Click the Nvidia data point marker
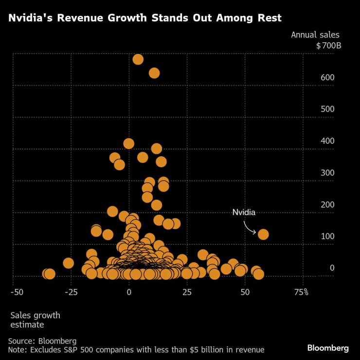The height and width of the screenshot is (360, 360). (263, 234)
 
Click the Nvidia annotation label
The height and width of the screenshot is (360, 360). (244, 212)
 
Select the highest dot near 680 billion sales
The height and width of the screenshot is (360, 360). (138, 59)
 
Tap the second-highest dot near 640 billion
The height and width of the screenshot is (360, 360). (154, 73)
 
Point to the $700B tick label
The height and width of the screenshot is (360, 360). (328, 46)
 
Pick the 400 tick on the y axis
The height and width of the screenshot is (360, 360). (327, 141)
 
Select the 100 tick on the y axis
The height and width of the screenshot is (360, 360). (327, 236)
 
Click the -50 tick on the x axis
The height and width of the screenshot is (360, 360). (16, 292)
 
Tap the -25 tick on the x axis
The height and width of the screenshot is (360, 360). (71, 292)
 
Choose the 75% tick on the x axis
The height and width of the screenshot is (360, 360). (301, 292)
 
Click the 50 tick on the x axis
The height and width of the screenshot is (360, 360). (245, 292)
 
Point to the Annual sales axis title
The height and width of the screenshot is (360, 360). (315, 34)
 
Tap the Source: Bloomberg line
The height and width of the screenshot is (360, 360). (42, 341)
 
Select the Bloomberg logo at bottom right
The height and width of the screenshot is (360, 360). (327, 348)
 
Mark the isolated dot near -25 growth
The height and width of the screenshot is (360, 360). (68, 263)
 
